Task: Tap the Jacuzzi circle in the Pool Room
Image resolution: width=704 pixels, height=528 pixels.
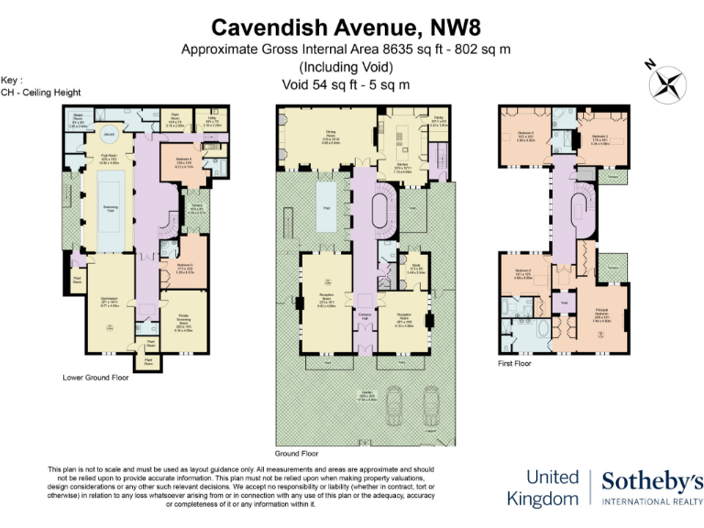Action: [108, 135]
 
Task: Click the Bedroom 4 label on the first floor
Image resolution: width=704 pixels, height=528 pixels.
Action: [527, 137]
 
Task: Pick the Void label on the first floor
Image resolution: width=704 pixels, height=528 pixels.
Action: [566, 301]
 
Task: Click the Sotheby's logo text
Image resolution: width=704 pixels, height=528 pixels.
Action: [652, 480]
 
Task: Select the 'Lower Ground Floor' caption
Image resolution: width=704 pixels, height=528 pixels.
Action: [96, 377]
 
